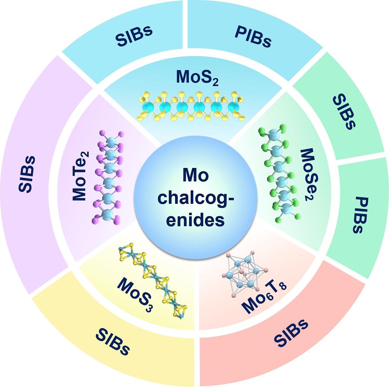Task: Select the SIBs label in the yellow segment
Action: pyautogui.click(x=112, y=341)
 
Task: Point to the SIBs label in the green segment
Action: pyautogui.click(x=344, y=112)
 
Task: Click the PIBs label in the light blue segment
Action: pyautogui.click(x=253, y=36)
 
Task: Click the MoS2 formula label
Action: pyautogui.click(x=197, y=78)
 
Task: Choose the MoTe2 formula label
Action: pyautogui.click(x=81, y=180)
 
